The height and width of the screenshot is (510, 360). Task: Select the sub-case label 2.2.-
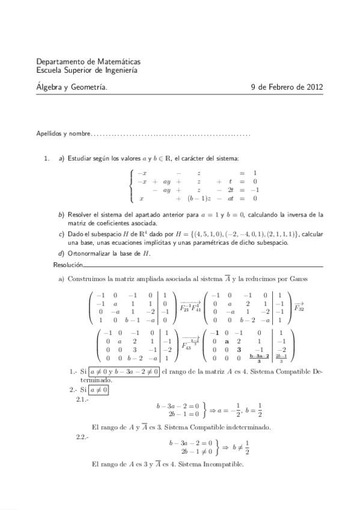coord(82,437)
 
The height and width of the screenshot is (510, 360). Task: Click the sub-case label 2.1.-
coord(82,399)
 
